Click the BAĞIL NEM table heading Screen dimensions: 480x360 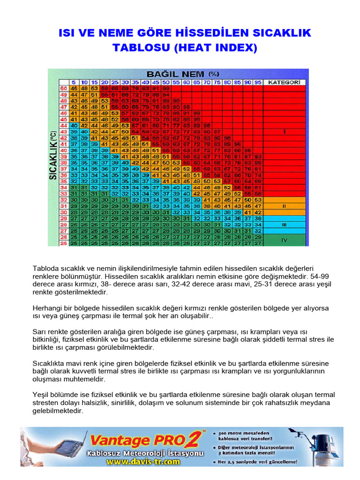coord(183,74)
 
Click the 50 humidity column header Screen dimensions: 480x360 coord(165,82)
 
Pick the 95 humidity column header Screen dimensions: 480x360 coord(257,82)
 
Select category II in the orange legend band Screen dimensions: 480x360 coord(284,205)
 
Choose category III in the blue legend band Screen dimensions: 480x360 coord(284,224)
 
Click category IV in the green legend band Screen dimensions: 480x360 coord(284,240)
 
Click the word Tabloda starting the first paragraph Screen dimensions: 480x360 coord(45,268)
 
